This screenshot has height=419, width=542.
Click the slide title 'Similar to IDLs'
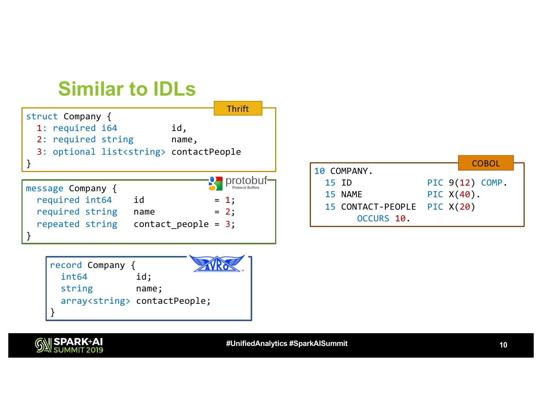pos(127,89)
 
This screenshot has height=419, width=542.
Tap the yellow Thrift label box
pos(238,108)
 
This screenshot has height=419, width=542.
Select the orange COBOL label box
pos(486,163)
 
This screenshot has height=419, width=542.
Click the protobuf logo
pos(238,183)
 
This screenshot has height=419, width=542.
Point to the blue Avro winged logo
pos(217,263)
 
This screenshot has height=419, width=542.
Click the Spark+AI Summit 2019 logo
pos(69,345)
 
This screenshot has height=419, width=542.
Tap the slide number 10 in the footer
pos(503,345)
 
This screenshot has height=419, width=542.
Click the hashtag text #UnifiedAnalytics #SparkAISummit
pos(286,343)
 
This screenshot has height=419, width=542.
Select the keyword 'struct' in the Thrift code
pos(42,116)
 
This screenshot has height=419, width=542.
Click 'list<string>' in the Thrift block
pos(133,152)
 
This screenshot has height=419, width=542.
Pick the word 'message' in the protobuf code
pos(44,188)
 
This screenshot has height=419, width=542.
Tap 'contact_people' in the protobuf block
pos(171,224)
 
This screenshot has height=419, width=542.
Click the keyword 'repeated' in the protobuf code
pos(58,224)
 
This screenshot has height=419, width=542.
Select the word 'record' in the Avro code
pos(65,265)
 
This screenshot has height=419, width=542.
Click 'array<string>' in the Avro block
pos(95,301)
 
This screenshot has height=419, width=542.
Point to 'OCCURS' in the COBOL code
pos(373,218)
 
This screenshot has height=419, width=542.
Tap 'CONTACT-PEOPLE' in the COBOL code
pos(378,207)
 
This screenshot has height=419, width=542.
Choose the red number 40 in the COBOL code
pos(465,194)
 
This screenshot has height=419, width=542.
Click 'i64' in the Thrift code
pos(109,128)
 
